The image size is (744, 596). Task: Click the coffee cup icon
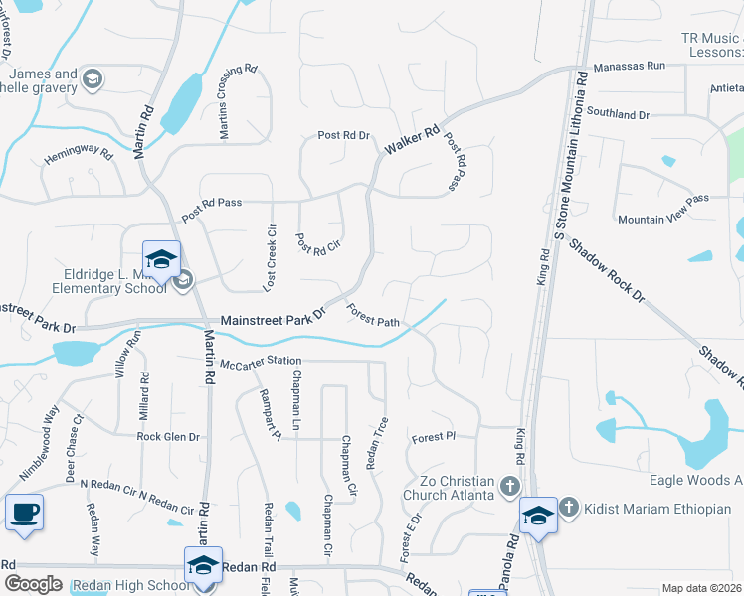click(x=25, y=513)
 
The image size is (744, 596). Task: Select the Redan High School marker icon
click(x=203, y=565)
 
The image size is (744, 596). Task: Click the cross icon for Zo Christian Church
click(x=509, y=486)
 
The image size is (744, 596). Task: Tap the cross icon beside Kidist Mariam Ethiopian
click(x=569, y=508)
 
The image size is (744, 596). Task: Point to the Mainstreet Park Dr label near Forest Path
click(x=273, y=317)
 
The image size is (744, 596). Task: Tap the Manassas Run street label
click(x=629, y=66)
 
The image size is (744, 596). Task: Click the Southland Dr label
click(x=618, y=114)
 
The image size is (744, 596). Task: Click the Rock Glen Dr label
click(x=168, y=436)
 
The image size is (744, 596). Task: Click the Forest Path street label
click(x=373, y=315)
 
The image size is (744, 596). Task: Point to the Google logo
click(x=33, y=584)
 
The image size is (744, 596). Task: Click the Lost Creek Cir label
click(x=269, y=256)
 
